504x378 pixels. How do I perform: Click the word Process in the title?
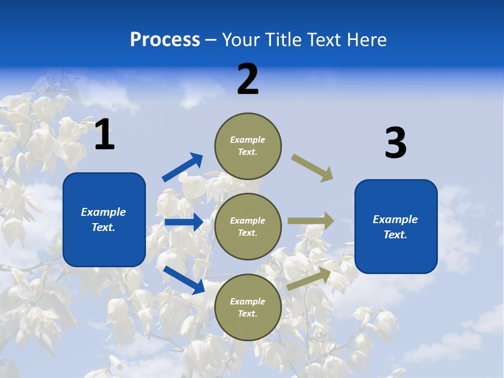click(x=165, y=40)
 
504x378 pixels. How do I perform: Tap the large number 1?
click(x=104, y=135)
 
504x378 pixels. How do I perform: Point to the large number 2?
click(x=248, y=79)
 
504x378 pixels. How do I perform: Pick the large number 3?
click(x=395, y=143)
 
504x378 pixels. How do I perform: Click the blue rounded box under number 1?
click(x=104, y=219)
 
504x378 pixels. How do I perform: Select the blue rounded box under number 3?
click(x=396, y=226)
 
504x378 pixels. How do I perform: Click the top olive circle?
click(x=248, y=146)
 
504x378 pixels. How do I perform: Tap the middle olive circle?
click(x=248, y=226)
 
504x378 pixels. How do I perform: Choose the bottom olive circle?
click(x=248, y=307)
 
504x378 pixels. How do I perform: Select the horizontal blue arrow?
click(x=184, y=222)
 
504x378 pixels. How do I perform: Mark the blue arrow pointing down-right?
click(x=184, y=280)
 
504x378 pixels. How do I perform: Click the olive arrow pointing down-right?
click(x=312, y=167)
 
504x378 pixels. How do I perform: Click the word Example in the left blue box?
click(x=103, y=212)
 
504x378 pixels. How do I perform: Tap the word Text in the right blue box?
click(x=395, y=235)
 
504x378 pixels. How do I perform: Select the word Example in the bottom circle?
click(x=247, y=301)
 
